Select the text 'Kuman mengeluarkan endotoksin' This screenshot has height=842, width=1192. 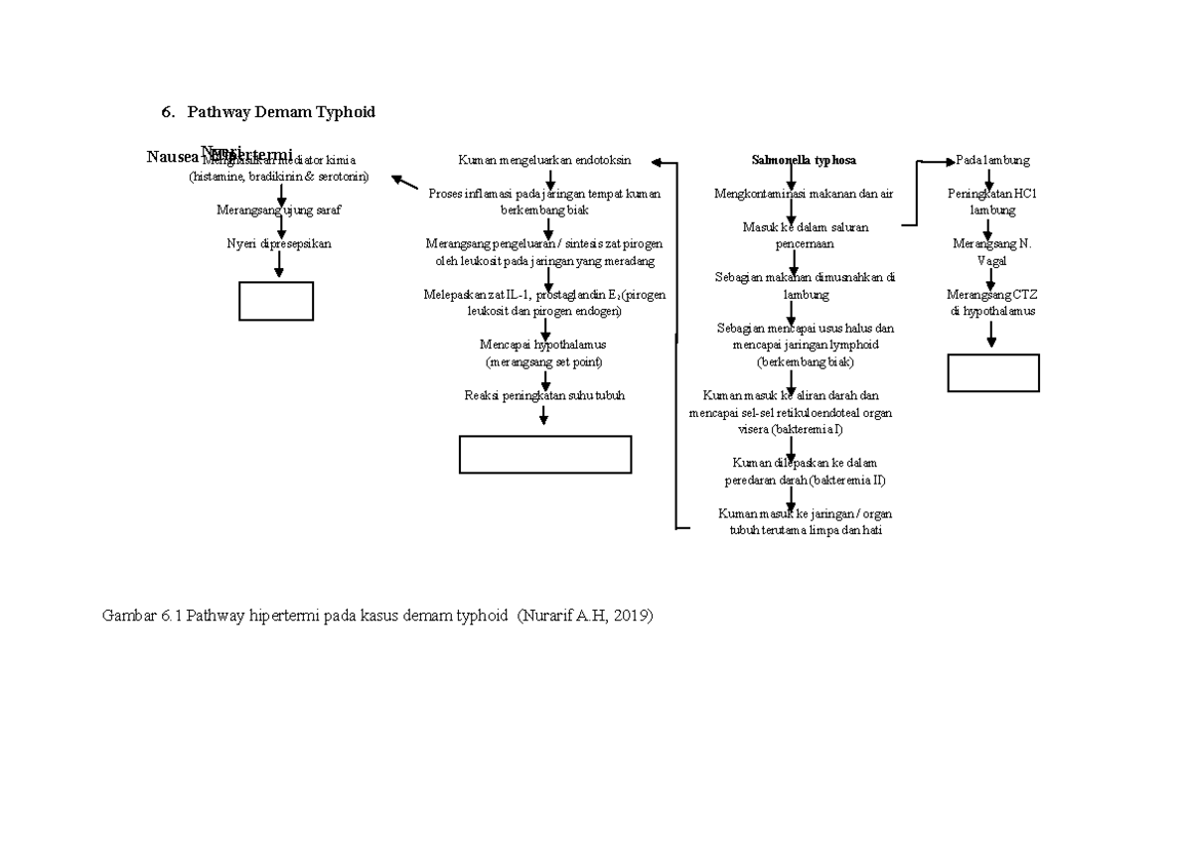pos(543,160)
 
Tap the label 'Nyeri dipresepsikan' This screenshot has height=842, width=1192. pos(279,243)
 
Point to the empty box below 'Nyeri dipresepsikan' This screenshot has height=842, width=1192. pos(276,301)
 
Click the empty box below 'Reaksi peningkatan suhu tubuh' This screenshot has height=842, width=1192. pos(545,454)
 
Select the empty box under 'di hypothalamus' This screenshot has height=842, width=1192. pos(993,372)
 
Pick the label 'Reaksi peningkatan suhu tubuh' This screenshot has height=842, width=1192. pos(544,395)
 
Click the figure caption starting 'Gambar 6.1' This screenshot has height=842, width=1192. pos(378,616)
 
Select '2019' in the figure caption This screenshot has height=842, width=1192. pos(631,616)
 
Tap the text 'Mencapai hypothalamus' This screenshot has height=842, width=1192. pos(542,345)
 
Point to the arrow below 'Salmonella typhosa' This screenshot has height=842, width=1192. pos(791,177)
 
